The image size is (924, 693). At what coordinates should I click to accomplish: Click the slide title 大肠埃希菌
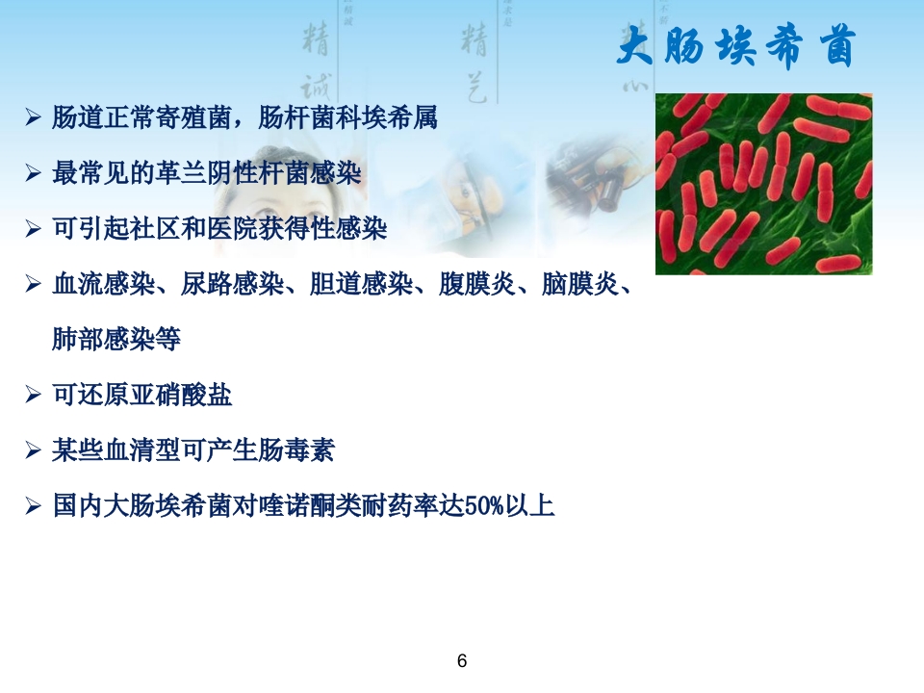(735, 47)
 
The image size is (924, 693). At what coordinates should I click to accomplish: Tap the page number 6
(462, 661)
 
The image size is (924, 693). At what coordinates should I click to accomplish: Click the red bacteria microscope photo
(763, 184)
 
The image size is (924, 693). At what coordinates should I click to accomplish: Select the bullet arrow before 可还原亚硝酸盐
(33, 396)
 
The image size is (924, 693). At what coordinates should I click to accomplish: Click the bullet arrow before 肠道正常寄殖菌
(33, 119)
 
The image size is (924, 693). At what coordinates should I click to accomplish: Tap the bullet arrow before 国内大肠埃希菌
(33, 506)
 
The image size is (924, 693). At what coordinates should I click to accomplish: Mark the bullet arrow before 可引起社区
(33, 229)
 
